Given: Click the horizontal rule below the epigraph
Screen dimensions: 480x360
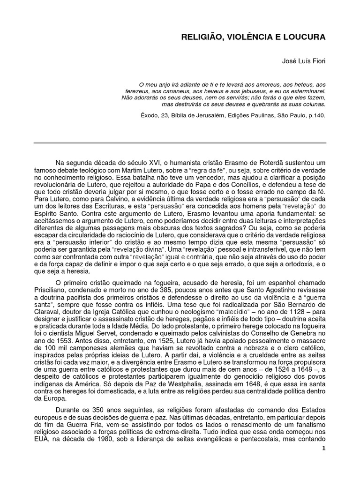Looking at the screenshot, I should pyautogui.click(x=180, y=143).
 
